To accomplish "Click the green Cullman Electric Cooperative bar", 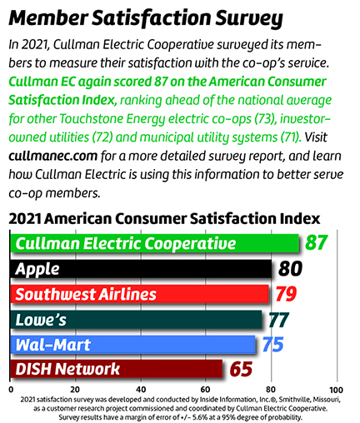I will (x=154, y=243).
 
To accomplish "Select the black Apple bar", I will (x=142, y=269).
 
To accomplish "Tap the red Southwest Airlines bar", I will (x=140, y=294).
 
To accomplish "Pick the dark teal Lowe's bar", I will (x=137, y=319).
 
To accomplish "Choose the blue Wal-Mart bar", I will (x=133, y=344).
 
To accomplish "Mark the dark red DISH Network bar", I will (x=117, y=369).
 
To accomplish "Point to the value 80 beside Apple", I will (x=292, y=269).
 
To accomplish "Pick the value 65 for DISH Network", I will (x=242, y=369).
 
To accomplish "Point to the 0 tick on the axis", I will (x=11, y=389).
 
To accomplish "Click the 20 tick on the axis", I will (x=75, y=389).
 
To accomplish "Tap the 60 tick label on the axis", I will (x=206, y=389).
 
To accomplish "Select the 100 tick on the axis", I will (x=336, y=389).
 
